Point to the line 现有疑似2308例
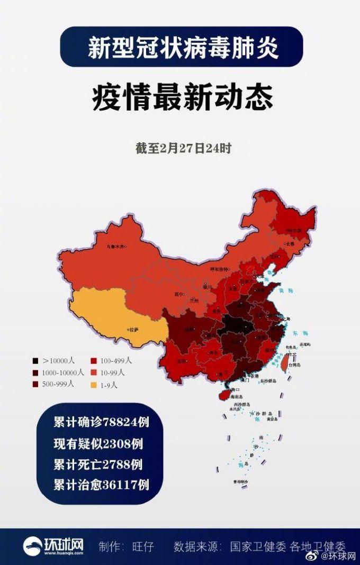(98, 443)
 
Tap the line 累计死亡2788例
(98, 464)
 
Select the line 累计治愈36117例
(101, 485)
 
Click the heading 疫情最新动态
(183, 98)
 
